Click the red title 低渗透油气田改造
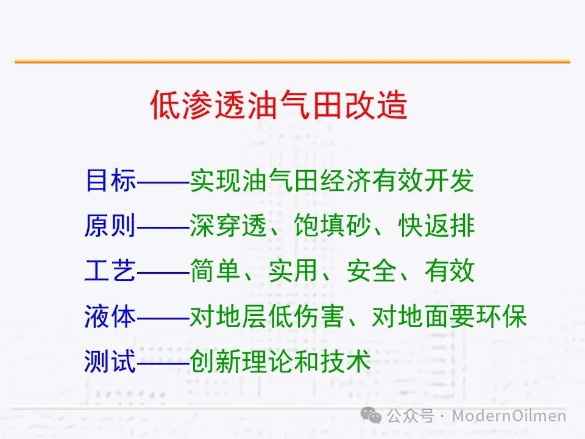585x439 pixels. (x=278, y=105)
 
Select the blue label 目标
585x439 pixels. (x=110, y=180)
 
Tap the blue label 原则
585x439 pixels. (x=110, y=226)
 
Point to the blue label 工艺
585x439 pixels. (x=110, y=271)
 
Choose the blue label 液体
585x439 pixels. (x=110, y=316)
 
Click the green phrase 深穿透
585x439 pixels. (x=229, y=226)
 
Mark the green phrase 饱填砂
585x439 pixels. (x=332, y=226)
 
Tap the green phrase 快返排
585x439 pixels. (x=436, y=226)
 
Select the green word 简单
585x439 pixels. (x=215, y=271)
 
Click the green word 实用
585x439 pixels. (x=293, y=271)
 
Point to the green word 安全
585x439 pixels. (x=371, y=271)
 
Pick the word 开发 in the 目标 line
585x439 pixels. (x=449, y=180)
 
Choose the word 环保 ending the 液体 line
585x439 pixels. (x=502, y=316)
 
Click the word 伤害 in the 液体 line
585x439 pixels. (x=319, y=316)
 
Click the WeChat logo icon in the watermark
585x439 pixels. (x=371, y=415)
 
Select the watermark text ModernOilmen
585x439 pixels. (x=509, y=415)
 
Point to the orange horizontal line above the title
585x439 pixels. (x=292, y=61)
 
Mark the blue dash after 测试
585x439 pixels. (x=163, y=362)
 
